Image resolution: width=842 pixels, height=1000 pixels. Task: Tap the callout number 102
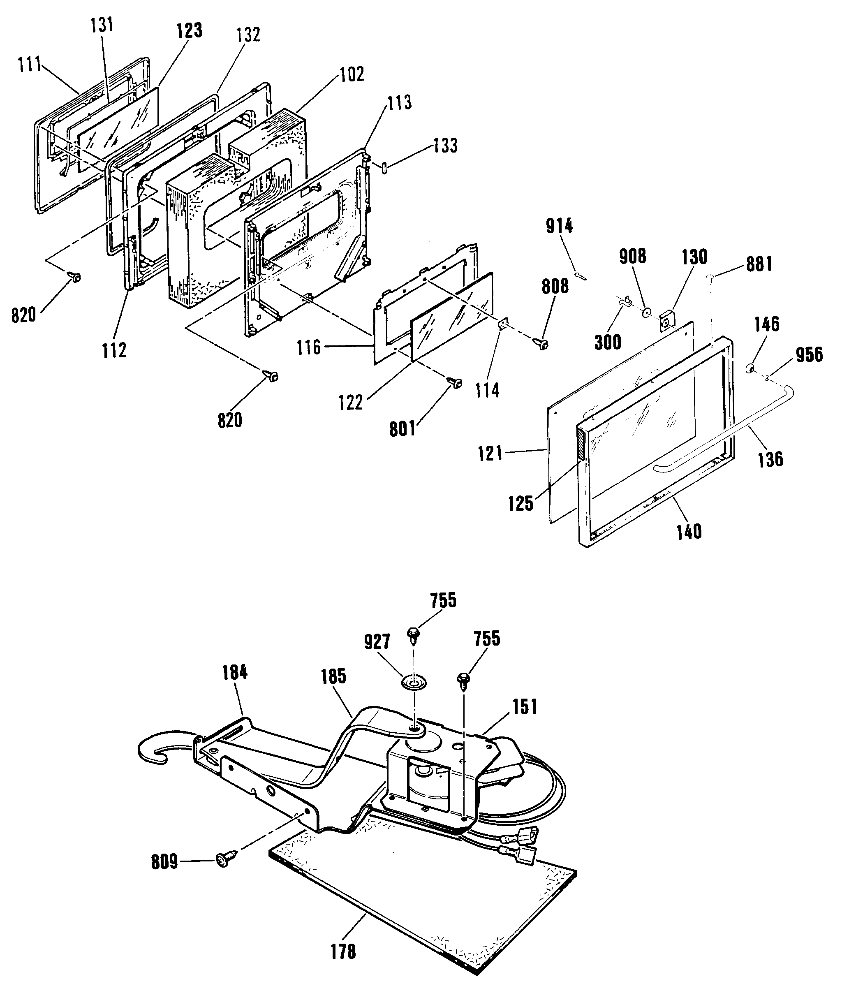tap(352, 74)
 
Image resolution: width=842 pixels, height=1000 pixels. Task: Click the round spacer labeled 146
tap(750, 368)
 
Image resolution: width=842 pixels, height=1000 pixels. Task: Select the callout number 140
tap(689, 532)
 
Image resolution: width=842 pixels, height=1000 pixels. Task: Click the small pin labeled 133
tap(385, 169)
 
